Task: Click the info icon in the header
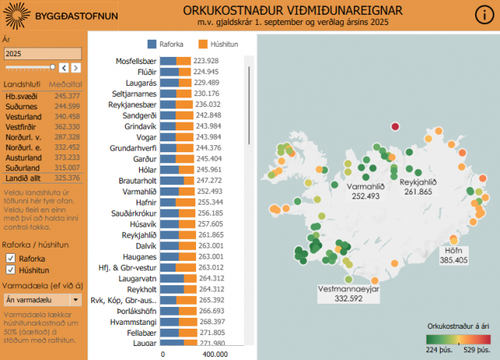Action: click(483, 16)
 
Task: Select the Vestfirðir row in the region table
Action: click(20, 126)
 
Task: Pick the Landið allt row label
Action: click(22, 177)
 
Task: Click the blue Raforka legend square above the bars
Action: click(152, 45)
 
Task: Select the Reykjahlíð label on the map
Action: click(418, 182)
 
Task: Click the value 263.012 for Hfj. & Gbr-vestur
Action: click(209, 267)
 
